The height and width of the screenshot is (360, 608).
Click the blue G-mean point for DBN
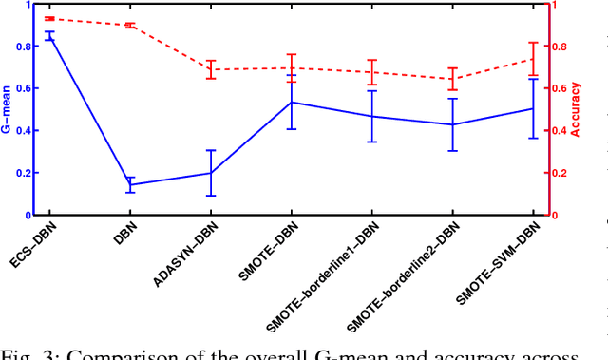tap(130, 185)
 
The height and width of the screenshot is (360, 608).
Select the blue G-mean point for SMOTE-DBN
tap(292, 102)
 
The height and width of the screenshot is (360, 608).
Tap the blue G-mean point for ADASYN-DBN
tap(211, 173)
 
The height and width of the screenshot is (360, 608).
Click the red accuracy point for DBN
tap(130, 26)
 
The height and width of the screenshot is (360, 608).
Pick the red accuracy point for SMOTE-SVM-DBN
tap(533, 59)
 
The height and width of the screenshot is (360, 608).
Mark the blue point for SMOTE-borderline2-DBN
tap(452, 124)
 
